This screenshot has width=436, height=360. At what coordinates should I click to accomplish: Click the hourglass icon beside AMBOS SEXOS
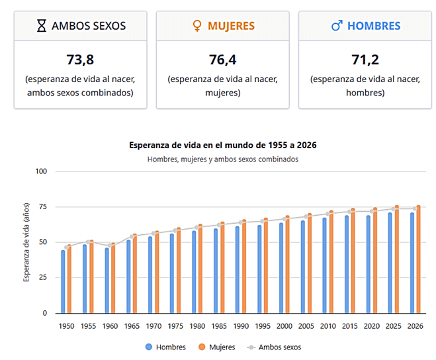point(42,26)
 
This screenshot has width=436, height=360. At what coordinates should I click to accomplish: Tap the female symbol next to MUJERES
point(196,26)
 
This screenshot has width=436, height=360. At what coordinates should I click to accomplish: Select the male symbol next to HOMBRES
point(337,26)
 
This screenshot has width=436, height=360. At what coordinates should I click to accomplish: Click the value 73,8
point(80,60)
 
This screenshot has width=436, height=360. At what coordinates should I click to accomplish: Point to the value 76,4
point(222,60)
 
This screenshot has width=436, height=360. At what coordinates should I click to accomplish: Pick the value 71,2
point(365,60)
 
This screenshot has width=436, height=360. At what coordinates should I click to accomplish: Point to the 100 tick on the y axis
point(42,171)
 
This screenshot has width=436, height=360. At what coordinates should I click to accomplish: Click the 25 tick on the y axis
point(44,278)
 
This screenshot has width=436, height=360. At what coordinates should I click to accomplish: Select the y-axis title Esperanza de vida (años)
point(26,242)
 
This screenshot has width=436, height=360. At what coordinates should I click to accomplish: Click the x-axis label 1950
point(66,326)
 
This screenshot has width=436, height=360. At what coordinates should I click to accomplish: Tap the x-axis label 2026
point(415,326)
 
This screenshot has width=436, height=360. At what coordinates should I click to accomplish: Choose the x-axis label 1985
point(219,326)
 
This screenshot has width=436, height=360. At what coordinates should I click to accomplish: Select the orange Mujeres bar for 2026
point(418,259)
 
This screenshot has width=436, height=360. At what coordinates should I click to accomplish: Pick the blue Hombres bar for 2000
point(281,268)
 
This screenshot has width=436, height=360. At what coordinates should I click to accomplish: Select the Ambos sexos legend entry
point(273,346)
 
